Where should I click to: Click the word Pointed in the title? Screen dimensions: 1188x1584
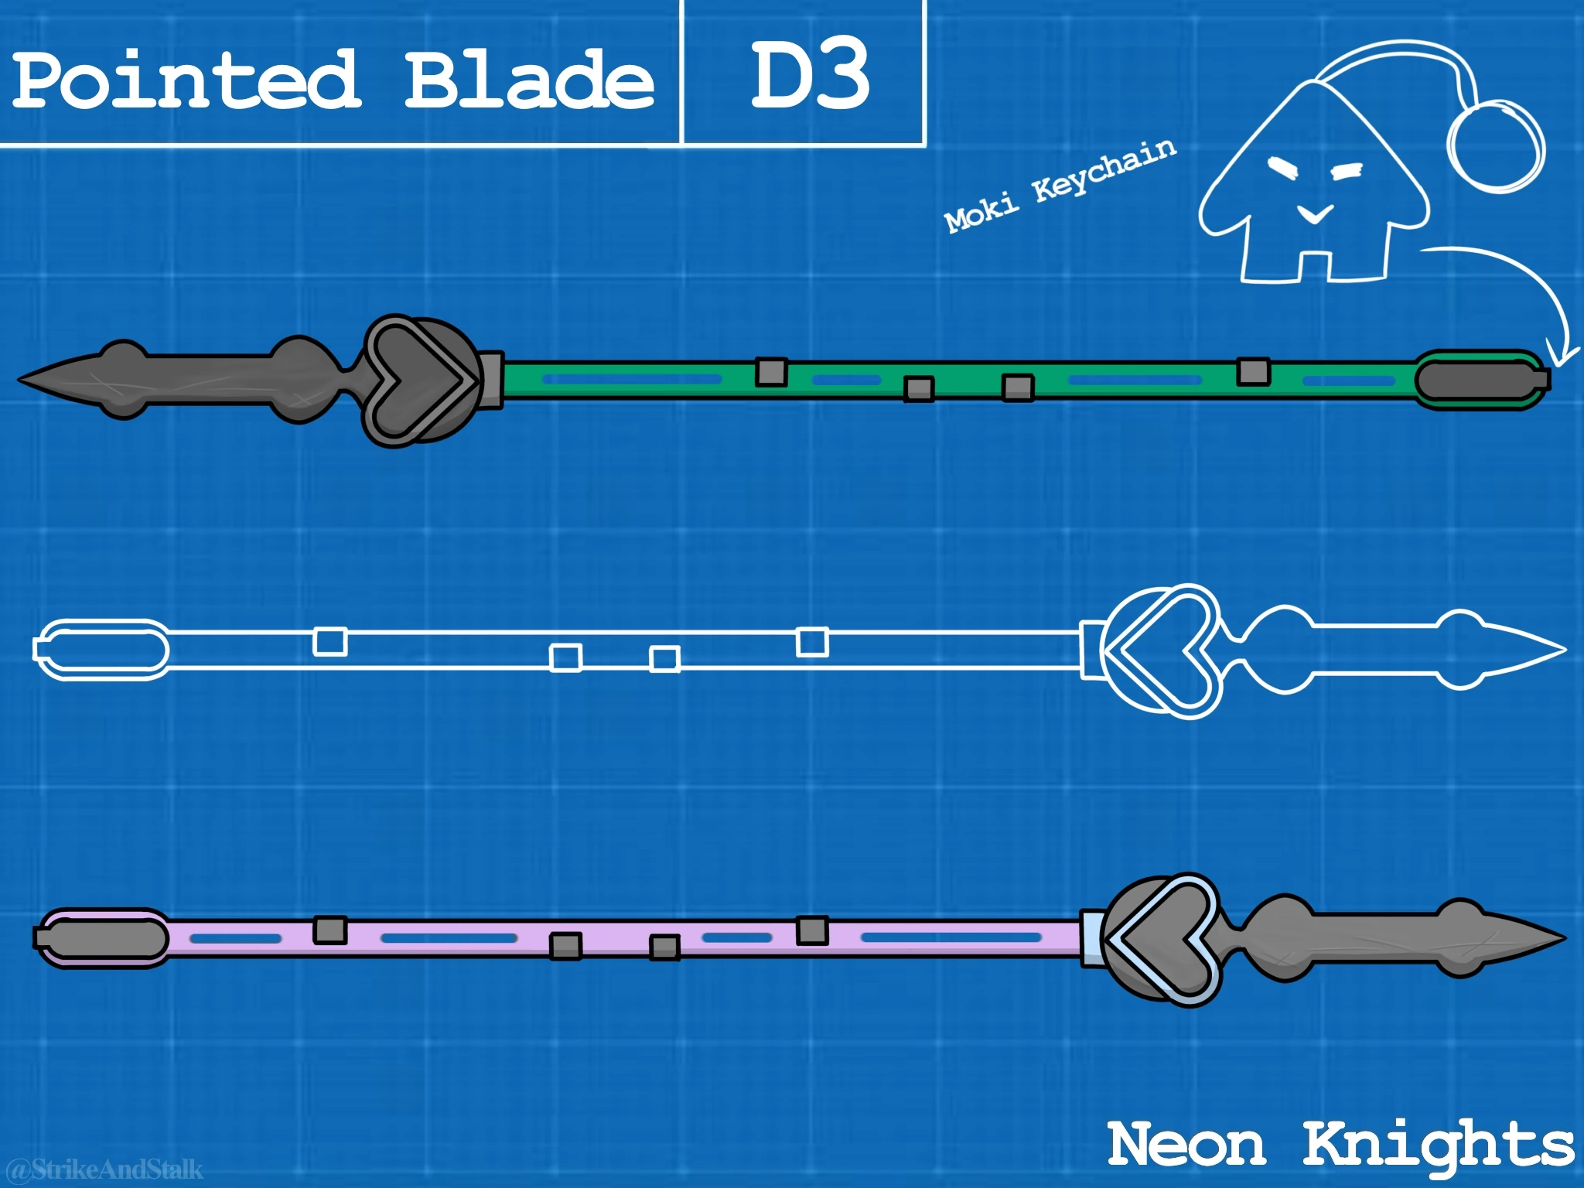pyautogui.click(x=186, y=80)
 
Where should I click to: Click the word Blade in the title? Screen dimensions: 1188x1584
pyautogui.click(x=529, y=80)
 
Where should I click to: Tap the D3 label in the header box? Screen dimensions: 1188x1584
pyautogui.click(x=809, y=76)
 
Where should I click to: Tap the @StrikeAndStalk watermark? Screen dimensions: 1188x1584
pyautogui.click(x=104, y=1169)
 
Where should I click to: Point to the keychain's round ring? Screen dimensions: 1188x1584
pyautogui.click(x=1497, y=145)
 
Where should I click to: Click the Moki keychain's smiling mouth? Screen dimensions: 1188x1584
pyautogui.click(x=1315, y=213)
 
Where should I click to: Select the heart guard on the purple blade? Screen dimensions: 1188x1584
pyautogui.click(x=1160, y=940)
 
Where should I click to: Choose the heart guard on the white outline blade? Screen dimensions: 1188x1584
pyautogui.click(x=1160, y=650)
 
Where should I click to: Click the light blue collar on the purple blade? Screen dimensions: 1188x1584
pyautogui.click(x=1091, y=937)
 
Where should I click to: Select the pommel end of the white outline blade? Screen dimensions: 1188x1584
pyautogui.click(x=101, y=649)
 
